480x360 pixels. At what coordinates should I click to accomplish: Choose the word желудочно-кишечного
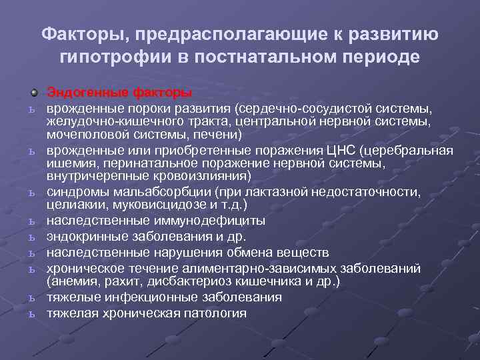pyautogui.click(x=109, y=121)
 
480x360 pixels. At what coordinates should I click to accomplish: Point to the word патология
pyautogui.click(x=211, y=313)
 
